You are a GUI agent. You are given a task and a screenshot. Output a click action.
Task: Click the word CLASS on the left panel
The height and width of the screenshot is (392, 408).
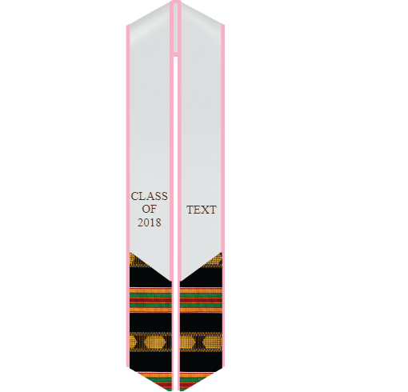pyautogui.click(x=150, y=196)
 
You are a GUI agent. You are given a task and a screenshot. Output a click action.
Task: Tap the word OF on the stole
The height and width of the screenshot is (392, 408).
pyautogui.click(x=149, y=210)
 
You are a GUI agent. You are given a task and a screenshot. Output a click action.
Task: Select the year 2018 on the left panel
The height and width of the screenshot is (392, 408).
pyautogui.click(x=150, y=222)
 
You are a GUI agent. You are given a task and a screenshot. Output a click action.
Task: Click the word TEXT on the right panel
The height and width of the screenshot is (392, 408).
pyautogui.click(x=202, y=210)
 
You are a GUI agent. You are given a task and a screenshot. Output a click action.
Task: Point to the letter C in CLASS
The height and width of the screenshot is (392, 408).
pyautogui.click(x=134, y=196)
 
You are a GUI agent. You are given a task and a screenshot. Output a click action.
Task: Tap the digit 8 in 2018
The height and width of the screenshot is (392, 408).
pyautogui.click(x=158, y=222)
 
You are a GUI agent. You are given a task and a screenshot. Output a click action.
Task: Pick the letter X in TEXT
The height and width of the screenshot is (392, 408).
pyautogui.click(x=205, y=210)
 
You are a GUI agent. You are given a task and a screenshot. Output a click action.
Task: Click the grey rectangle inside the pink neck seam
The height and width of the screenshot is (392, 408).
pyautogui.click(x=175, y=28)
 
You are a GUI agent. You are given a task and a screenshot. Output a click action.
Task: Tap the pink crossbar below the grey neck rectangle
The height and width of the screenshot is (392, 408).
pyautogui.click(x=175, y=54)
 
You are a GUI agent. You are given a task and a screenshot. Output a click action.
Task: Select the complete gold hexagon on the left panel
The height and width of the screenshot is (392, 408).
pyautogui.click(x=155, y=342)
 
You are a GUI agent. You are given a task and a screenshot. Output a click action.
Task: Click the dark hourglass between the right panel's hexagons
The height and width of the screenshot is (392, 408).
pyautogui.click(x=199, y=342)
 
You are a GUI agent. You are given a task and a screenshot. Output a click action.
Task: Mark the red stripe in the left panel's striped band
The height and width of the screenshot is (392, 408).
pyautogui.click(x=150, y=300)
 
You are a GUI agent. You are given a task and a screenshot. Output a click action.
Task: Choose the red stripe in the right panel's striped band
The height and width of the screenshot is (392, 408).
pyautogui.click(x=201, y=300)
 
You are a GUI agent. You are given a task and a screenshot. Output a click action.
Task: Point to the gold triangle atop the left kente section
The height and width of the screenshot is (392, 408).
pyautogui.click(x=137, y=260)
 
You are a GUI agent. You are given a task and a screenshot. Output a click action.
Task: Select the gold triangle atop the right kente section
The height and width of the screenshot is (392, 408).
pyautogui.click(x=214, y=260)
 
